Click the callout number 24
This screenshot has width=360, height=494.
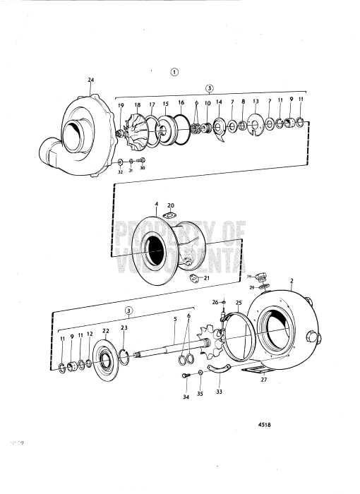pyautogui.click(x=90, y=80)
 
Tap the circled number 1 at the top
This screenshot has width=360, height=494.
pyautogui.click(x=174, y=71)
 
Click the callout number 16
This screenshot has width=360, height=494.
pyautogui.click(x=181, y=103)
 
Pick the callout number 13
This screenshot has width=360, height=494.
pyautogui.click(x=256, y=102)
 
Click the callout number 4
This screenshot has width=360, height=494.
pyautogui.click(x=157, y=205)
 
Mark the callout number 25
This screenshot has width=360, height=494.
pyautogui.click(x=238, y=303)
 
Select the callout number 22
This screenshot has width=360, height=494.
pyautogui.click(x=106, y=331)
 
